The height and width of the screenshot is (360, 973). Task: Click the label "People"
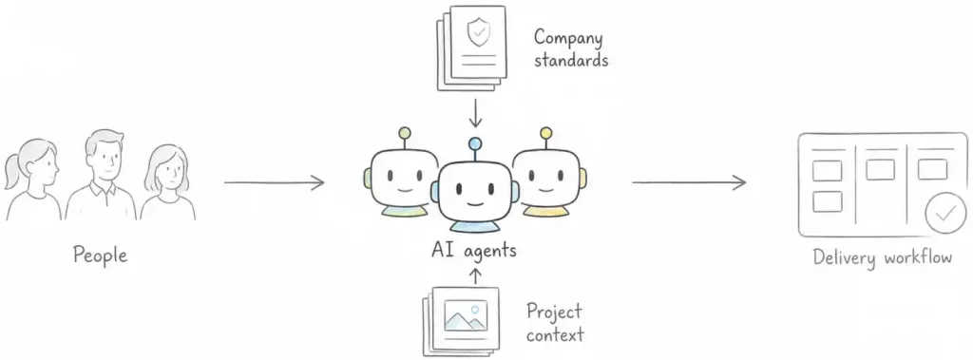[100, 256]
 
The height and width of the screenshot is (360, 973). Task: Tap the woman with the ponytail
[32, 180]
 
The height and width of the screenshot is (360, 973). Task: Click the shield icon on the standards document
[479, 31]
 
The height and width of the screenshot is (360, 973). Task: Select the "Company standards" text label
[571, 48]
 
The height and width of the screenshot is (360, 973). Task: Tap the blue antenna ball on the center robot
[475, 144]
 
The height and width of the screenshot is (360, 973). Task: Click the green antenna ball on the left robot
[405, 133]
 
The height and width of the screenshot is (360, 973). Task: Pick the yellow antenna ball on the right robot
[546, 133]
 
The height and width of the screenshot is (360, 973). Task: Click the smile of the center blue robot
[475, 203]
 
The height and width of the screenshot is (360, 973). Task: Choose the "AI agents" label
[474, 251]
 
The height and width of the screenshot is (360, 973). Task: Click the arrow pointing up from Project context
[476, 275]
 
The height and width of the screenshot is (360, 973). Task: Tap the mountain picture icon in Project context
[466, 316]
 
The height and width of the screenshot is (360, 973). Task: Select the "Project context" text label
[555, 323]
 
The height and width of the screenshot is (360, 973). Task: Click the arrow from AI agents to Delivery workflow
[689, 182]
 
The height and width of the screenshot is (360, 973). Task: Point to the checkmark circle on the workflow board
[945, 213]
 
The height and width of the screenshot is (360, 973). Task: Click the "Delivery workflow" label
[883, 257]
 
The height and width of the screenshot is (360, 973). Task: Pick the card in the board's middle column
[881, 169]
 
